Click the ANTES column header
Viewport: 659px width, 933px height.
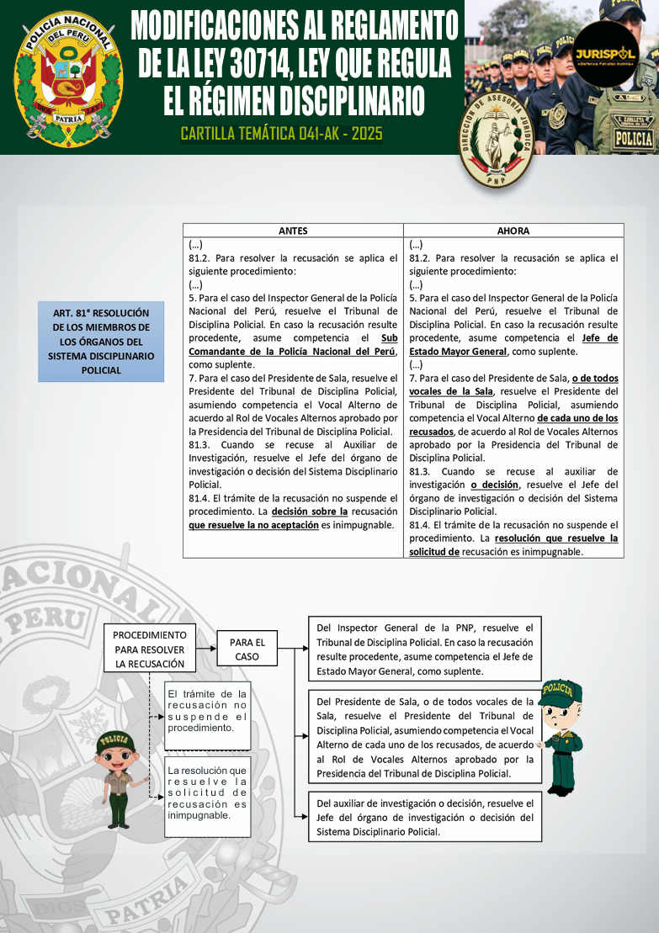[x=293, y=231]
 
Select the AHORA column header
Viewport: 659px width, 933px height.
[x=513, y=231]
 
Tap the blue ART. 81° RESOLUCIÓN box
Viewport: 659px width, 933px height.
[x=101, y=341]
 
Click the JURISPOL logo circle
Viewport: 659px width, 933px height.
[x=604, y=55]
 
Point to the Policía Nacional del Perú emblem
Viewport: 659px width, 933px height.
[x=69, y=77]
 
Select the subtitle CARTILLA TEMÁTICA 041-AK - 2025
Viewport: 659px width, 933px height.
[x=281, y=134]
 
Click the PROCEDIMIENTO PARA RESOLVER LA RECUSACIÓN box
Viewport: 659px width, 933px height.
[x=149, y=649]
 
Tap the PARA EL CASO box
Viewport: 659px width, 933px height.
[x=247, y=649]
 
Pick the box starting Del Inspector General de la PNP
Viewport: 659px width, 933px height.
[x=424, y=649]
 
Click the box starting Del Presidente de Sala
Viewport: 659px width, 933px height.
[x=424, y=737]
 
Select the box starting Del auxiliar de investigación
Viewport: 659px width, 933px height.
[x=424, y=816]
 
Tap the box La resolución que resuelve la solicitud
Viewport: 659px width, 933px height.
[x=207, y=793]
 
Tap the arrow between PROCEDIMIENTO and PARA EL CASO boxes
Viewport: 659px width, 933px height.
[x=206, y=649]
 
